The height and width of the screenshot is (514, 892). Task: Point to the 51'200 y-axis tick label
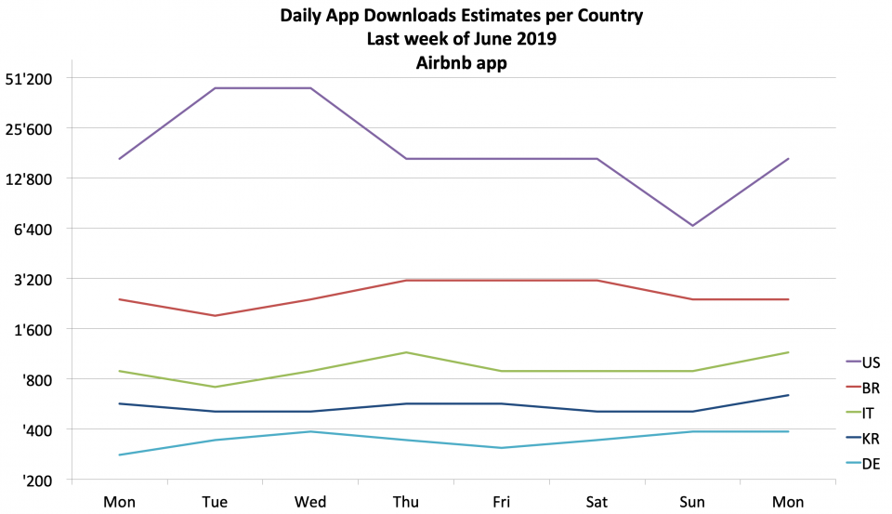coord(55,79)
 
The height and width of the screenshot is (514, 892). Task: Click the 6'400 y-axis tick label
coord(58,230)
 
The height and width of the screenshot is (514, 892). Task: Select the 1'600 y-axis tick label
coord(58,330)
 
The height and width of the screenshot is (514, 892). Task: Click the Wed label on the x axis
coord(310,502)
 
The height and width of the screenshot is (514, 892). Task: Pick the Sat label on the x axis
coord(597,502)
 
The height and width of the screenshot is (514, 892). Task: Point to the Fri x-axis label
coord(502,502)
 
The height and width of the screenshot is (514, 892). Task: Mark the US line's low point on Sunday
coord(693,225)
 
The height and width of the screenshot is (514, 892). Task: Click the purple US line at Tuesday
coord(215,88)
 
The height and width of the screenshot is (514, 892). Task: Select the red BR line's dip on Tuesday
coord(215,316)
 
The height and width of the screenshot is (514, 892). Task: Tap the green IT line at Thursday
coord(406,352)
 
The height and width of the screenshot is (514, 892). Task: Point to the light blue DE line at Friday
coord(502,448)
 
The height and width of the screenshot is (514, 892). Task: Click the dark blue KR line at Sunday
coord(693,412)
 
